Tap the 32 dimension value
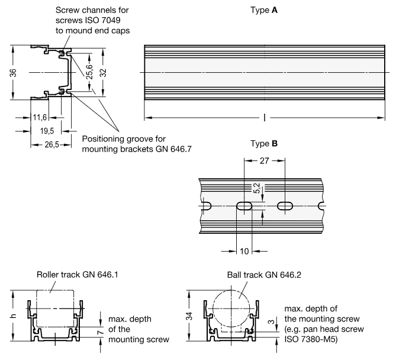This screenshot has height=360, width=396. point(104,73)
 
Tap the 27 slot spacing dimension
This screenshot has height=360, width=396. point(264,160)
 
